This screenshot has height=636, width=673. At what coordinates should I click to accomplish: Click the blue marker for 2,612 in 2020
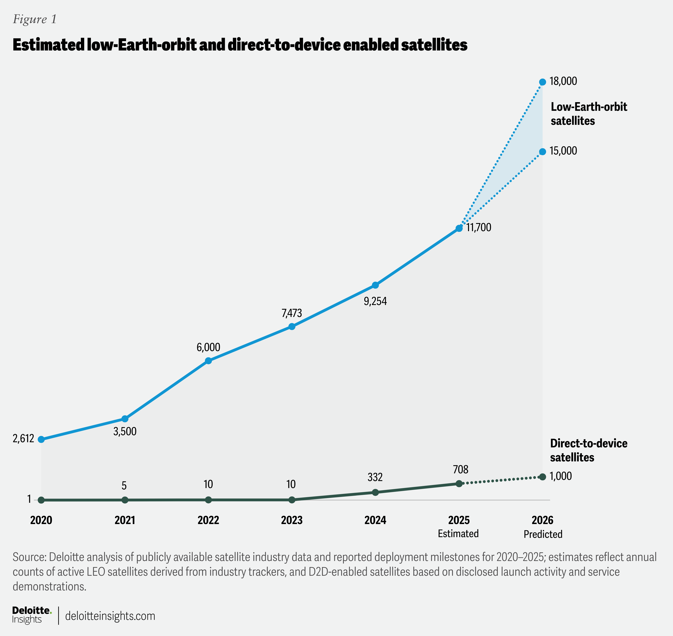pyautogui.click(x=41, y=439)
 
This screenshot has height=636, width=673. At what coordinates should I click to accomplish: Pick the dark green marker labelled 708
pyautogui.click(x=459, y=483)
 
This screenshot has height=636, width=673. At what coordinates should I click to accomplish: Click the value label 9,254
pyautogui.click(x=375, y=301)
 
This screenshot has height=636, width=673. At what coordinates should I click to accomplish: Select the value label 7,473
pyautogui.click(x=291, y=313)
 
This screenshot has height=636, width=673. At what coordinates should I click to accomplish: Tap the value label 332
pyautogui.click(x=375, y=477)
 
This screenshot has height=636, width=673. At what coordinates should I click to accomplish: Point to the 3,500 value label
pyautogui.click(x=125, y=431)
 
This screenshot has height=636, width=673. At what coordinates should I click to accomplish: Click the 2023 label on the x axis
pyautogui.click(x=291, y=520)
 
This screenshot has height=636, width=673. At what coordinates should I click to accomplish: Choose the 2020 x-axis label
pyautogui.click(x=41, y=520)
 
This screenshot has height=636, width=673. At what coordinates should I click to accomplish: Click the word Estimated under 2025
pyautogui.click(x=458, y=533)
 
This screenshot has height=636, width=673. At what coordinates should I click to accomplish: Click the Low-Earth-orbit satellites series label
pyautogui.click(x=589, y=114)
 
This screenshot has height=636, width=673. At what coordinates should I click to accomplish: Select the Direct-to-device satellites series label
pyautogui.click(x=589, y=450)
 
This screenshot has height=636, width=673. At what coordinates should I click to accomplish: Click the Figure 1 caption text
pyautogui.click(x=35, y=19)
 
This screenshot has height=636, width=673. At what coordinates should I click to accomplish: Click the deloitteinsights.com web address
pyautogui.click(x=110, y=616)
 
